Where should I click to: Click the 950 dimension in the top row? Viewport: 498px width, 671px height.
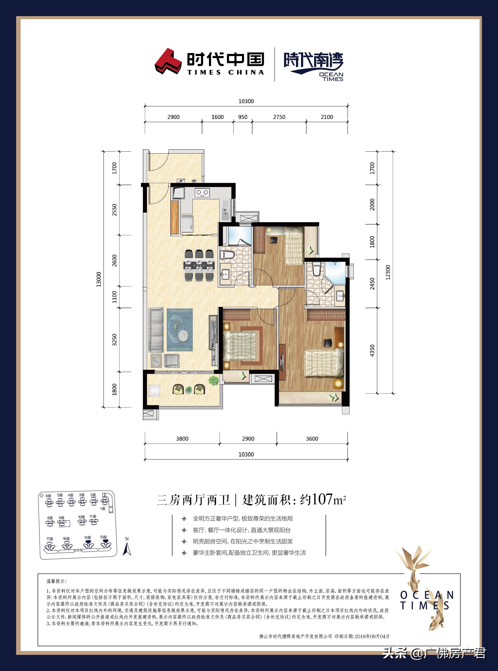(243, 117)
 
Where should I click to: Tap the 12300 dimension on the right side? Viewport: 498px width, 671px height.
(388, 272)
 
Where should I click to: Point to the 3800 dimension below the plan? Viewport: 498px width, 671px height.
(182, 439)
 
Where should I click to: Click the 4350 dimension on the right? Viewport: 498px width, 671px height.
(372, 351)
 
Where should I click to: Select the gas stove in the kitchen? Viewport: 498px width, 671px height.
(202, 192)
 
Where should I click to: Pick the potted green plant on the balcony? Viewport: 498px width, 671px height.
(214, 381)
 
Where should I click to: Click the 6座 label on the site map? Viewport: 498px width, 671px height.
(48, 495)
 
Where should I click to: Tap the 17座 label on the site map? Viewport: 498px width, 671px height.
(50, 539)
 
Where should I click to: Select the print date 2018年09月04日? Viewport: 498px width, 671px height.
(372, 636)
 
